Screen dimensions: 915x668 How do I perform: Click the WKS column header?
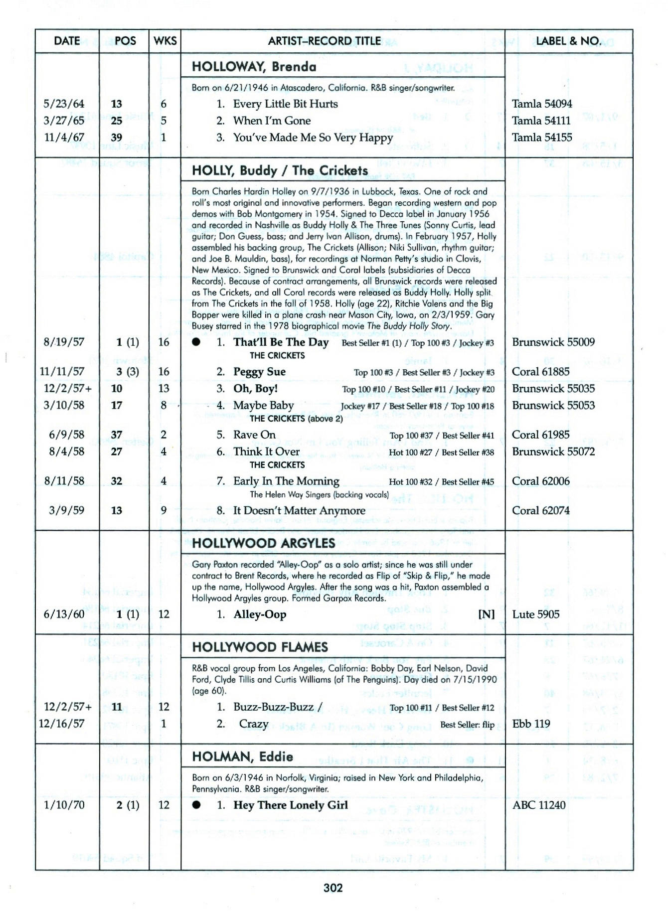165,41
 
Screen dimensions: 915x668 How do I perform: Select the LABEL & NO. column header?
568,41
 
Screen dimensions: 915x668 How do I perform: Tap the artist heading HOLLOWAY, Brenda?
254,67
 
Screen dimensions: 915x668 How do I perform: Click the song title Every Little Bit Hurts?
285,104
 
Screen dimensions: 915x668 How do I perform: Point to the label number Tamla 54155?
542,137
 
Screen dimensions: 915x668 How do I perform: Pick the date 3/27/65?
64,121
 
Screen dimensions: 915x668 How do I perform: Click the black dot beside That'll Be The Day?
196,342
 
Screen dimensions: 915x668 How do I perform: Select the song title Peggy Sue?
259,372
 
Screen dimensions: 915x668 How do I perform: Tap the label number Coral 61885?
540,372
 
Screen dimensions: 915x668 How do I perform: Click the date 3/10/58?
64,405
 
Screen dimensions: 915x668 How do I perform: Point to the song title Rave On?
254,435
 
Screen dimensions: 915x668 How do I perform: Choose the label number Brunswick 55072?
553,452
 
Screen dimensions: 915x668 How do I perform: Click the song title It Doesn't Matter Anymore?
299,510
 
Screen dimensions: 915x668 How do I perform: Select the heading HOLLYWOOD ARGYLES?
263,543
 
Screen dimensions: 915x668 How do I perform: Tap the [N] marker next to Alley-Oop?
486,614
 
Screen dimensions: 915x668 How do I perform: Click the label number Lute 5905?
536,614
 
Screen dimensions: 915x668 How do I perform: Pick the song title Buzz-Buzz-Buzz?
274,707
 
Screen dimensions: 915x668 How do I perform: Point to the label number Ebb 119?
531,724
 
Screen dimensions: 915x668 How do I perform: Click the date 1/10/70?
64,805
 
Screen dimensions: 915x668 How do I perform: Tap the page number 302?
333,888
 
